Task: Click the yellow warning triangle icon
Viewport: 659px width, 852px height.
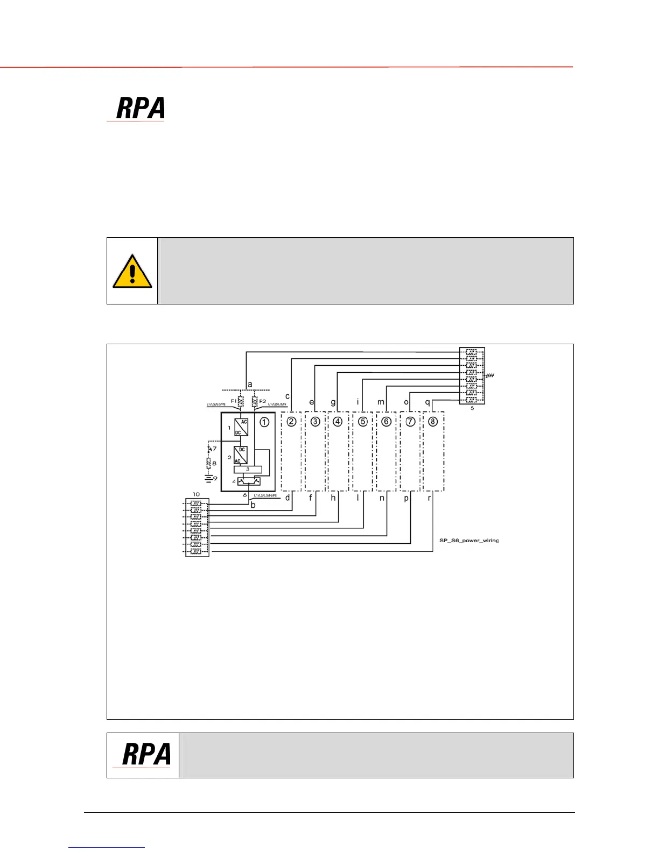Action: point(132,272)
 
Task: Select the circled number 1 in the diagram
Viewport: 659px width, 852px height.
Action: point(264,422)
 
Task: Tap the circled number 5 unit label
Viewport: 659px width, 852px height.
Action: point(363,422)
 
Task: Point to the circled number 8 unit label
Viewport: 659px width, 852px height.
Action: point(433,422)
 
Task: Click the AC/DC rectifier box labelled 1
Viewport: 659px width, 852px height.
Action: point(241,427)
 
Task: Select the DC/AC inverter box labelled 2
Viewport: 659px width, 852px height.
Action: point(241,455)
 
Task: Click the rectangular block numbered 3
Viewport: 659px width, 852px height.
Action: point(248,470)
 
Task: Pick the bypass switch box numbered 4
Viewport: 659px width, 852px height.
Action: point(249,481)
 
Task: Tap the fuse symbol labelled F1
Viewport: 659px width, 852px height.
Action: point(240,401)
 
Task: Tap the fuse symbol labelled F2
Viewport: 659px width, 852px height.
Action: point(255,401)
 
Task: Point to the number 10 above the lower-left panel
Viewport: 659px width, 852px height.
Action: point(196,494)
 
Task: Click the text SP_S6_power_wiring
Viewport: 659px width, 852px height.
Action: point(468,541)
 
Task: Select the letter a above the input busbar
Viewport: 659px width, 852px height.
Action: point(250,385)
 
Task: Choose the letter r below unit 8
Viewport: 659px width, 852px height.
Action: point(429,498)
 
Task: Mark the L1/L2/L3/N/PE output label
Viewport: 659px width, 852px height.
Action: point(265,495)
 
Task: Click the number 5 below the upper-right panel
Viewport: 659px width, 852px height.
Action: point(472,408)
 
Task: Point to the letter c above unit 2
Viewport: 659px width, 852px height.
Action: point(288,396)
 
